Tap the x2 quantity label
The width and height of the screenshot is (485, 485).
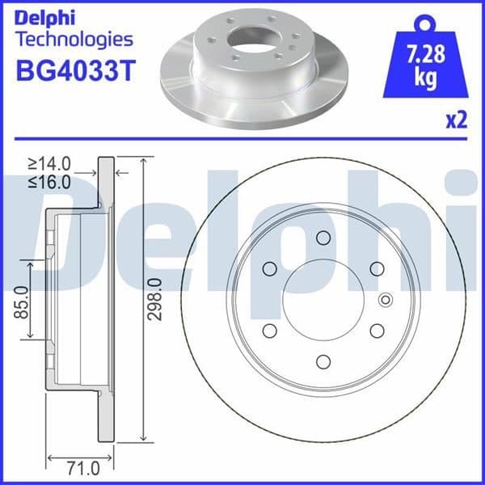click(457, 120)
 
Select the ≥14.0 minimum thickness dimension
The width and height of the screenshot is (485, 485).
click(49, 164)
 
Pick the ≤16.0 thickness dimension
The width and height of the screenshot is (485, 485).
click(49, 181)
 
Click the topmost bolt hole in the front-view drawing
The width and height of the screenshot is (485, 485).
click(323, 237)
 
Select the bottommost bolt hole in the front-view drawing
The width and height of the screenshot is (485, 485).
click(323, 361)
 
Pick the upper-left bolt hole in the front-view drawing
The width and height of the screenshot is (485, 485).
click(269, 268)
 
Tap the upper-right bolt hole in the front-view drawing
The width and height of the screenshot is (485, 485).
click(376, 268)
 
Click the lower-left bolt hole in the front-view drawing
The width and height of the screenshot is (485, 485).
click(269, 330)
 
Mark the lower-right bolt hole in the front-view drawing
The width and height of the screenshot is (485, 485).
click(376, 330)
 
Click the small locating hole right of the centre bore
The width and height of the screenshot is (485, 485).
click(383, 299)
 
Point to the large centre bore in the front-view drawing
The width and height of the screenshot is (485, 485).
click(323, 299)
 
